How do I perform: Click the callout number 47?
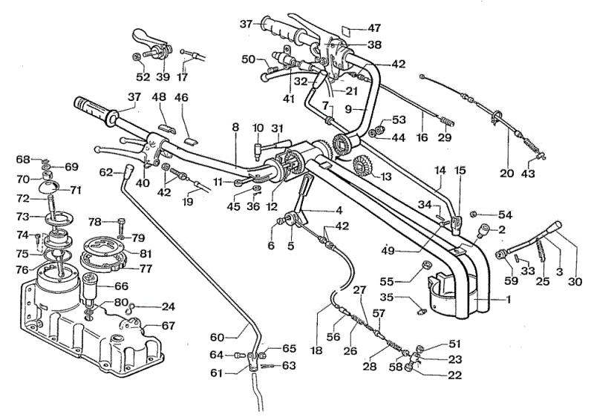point(374,28)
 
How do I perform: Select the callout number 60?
point(217,337)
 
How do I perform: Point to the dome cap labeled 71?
point(49,187)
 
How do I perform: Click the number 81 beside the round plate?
point(146,253)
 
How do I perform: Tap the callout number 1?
point(508,299)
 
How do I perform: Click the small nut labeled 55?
point(427,266)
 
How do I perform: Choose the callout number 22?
point(454,375)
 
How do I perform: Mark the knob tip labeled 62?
point(128,168)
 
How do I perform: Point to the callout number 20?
point(506,173)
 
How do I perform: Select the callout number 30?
point(575,281)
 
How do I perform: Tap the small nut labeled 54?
point(473,214)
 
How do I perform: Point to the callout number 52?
point(143,77)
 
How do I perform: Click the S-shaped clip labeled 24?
point(129,309)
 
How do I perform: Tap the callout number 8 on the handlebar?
point(235,127)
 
